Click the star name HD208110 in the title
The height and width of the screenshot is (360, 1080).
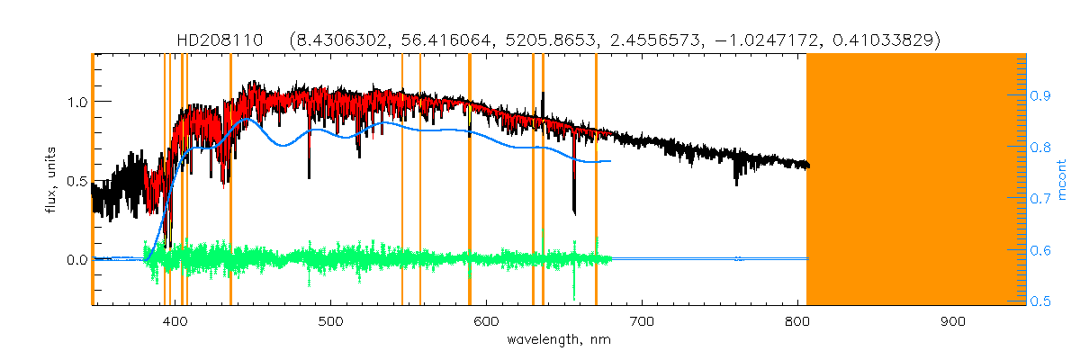tap(220, 40)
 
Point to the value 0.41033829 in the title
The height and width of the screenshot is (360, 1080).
tap(886, 40)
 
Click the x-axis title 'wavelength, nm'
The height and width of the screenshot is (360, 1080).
tap(559, 340)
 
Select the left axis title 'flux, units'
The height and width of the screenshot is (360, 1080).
tap(52, 180)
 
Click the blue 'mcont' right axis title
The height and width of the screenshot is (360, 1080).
tap(1061, 180)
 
